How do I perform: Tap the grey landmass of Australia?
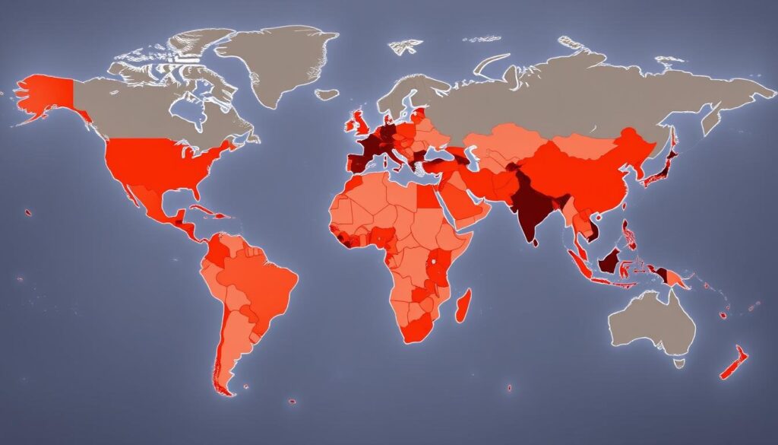coord(653,323)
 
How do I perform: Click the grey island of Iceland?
coord(326,95)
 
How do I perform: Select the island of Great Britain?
coord(357,122)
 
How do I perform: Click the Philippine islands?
coord(629,232)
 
